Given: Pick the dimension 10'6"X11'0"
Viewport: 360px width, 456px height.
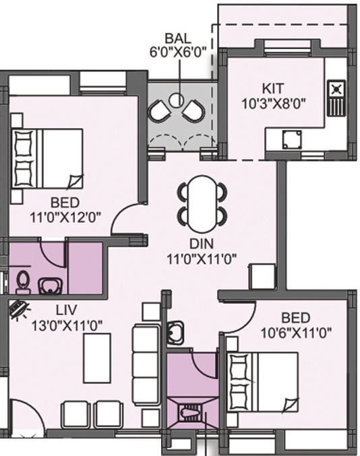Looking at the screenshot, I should (x=296, y=331).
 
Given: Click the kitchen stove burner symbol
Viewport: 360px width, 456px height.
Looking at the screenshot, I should (x=336, y=89).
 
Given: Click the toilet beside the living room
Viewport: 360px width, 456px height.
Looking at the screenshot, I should (x=24, y=280).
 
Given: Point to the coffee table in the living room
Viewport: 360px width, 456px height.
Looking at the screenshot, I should (x=97, y=358).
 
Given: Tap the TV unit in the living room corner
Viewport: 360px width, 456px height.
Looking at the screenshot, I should (x=19, y=308).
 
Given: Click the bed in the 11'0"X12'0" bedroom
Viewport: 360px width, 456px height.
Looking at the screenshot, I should (x=47, y=158).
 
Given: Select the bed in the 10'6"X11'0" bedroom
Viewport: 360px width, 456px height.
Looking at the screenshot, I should (x=264, y=382).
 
